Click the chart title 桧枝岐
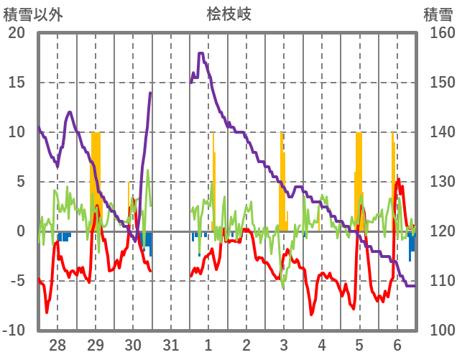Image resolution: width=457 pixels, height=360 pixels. click(x=228, y=14)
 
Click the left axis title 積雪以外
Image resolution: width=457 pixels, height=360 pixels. click(x=34, y=14)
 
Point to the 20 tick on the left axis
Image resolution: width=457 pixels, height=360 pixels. click(x=16, y=33)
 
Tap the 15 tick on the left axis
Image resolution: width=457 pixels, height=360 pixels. click(x=16, y=83)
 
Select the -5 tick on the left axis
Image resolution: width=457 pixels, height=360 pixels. click(x=16, y=281)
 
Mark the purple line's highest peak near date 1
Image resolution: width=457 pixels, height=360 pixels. click(x=201, y=53)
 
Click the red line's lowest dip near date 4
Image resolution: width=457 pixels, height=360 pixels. click(x=312, y=314)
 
